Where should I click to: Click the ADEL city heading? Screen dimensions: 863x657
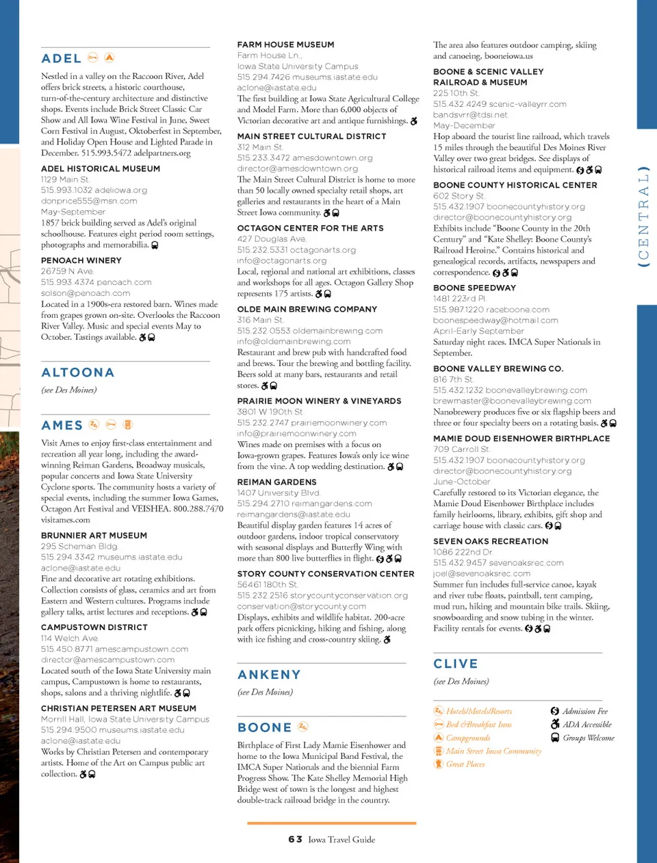tap(62, 59)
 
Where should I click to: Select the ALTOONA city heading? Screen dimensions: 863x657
tap(77, 373)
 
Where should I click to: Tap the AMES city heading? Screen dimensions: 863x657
tap(62, 425)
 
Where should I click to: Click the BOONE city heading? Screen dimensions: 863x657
tap(264, 727)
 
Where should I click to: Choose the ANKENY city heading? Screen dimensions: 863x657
tap(269, 675)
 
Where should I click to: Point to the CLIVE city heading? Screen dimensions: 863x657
tap(456, 664)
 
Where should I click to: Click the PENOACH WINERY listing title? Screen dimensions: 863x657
tap(81, 260)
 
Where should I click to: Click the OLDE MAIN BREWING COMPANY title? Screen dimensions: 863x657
tap(307, 309)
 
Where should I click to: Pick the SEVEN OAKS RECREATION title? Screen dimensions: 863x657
tap(491, 541)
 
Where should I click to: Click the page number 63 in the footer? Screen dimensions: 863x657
tap(295, 839)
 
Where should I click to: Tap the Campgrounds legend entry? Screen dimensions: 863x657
tap(468, 738)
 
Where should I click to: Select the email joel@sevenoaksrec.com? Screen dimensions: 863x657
tap(482, 573)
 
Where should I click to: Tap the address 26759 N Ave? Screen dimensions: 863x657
tap(67, 271)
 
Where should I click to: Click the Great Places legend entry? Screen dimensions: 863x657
tap(465, 764)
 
